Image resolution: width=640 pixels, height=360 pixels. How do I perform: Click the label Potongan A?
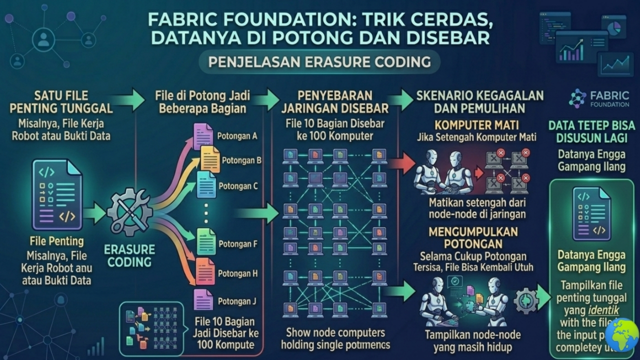pyautogui.click(x=237, y=135)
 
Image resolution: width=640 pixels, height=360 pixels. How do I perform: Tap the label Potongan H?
pyautogui.click(x=237, y=273)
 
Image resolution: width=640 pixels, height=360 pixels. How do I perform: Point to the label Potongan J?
pyautogui.click(x=237, y=301)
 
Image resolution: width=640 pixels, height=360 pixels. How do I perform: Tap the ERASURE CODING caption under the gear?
pyautogui.click(x=129, y=255)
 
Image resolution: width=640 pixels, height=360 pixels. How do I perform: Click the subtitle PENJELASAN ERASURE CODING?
pyautogui.click(x=319, y=62)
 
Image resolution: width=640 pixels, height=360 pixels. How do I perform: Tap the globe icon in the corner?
pyautogui.click(x=621, y=334)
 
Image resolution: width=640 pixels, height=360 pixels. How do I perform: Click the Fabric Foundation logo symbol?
pyautogui.click(x=578, y=98)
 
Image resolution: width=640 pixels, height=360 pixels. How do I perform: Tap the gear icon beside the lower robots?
pyautogui.click(x=525, y=301)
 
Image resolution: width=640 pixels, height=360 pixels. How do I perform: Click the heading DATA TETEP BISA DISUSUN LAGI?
pyautogui.click(x=591, y=131)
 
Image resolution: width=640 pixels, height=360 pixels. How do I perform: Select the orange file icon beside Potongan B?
pyautogui.click(x=210, y=159)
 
